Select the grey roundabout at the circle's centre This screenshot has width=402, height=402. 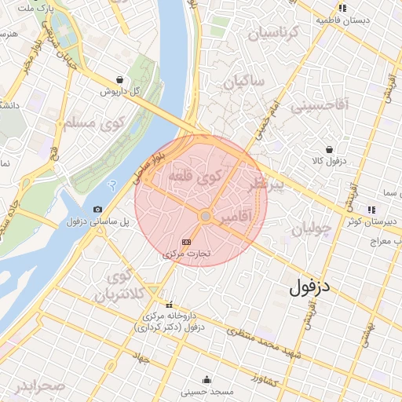pos(205,216)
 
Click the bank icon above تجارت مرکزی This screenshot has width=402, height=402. pos(186,243)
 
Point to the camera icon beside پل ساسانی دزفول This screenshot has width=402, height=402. pos(97,209)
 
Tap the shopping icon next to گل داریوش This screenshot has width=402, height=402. pos(119,79)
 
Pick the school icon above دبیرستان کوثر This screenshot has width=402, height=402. pos(371,210)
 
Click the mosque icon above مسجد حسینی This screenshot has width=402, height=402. pos(206,379)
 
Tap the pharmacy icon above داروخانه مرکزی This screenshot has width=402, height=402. pos(168,305)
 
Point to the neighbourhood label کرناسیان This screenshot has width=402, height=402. pos(274,33)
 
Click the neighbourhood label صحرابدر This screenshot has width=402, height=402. pos(40,386)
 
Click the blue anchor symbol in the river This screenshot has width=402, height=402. pos(111,182)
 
